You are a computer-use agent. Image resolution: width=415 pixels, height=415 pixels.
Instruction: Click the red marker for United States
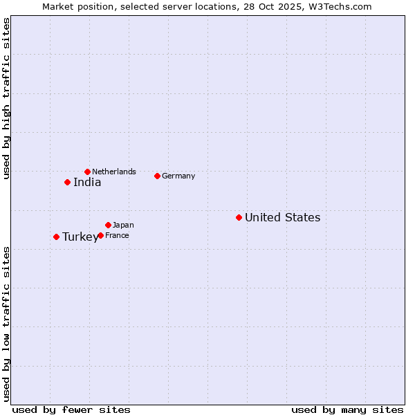tap(239, 217)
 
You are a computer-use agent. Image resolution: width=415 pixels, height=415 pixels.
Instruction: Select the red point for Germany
tap(157, 176)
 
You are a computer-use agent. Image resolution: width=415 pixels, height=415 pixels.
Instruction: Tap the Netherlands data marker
tap(87, 172)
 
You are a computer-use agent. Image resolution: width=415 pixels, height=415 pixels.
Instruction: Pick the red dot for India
tap(67, 182)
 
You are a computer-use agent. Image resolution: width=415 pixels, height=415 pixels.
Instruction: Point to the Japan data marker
tap(108, 225)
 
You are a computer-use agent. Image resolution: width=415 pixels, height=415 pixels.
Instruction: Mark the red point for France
tap(100, 235)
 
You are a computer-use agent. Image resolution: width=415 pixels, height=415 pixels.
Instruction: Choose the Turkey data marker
tap(56, 237)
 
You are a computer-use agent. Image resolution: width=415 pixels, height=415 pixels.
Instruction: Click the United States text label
tap(282, 218)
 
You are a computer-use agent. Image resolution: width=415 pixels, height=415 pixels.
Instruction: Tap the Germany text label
tap(178, 176)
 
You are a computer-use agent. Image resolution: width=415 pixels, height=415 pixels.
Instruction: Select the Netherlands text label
tap(114, 172)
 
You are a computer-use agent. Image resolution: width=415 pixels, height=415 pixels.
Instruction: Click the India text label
tap(87, 183)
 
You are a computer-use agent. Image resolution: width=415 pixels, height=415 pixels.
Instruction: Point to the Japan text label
tap(123, 225)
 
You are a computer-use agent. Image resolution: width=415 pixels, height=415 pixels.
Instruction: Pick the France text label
tap(117, 236)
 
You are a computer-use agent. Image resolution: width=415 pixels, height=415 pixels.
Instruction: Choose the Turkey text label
tap(80, 237)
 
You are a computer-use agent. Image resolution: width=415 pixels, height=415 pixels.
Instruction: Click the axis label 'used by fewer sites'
tap(71, 409)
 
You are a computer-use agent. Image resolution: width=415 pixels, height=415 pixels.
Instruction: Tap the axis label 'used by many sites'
tap(347, 409)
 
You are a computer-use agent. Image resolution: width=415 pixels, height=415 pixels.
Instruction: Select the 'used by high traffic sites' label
tap(6, 98)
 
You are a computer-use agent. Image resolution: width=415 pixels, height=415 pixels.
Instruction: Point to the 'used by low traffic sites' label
tap(6, 324)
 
